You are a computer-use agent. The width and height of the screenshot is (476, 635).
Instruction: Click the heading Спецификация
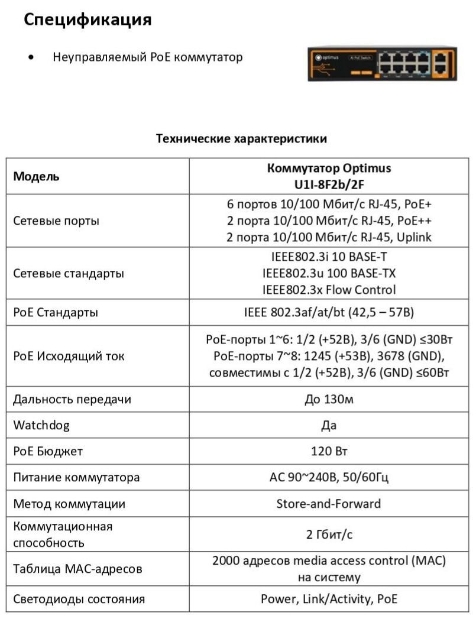coord(88,20)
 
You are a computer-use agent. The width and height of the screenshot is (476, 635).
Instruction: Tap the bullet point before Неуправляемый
coord(30,58)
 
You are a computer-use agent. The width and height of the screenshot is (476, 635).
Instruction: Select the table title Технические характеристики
coord(241,139)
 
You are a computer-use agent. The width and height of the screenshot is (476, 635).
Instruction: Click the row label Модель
coord(37,176)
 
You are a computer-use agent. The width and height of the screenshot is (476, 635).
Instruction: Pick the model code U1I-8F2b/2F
coord(329,184)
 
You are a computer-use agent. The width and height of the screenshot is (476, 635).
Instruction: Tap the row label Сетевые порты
coord(56,221)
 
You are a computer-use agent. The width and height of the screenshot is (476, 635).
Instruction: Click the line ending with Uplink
coord(329,237)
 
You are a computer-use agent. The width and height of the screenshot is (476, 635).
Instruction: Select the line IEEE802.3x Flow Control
coord(329,290)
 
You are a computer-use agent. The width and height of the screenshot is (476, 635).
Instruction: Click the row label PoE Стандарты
coord(56,312)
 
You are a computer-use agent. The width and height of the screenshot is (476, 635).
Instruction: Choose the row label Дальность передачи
coord(72,399)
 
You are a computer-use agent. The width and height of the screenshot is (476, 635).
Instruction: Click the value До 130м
coord(329,399)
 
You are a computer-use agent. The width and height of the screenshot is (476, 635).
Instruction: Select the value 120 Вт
coord(329,451)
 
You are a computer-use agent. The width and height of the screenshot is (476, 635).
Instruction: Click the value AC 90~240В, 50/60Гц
coord(329,477)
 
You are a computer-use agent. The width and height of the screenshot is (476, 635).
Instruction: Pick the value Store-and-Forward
coord(329,504)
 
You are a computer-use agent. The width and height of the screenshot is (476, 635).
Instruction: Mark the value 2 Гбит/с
coord(329,534)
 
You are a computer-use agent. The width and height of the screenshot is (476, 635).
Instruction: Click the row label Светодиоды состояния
coord(79,599)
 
